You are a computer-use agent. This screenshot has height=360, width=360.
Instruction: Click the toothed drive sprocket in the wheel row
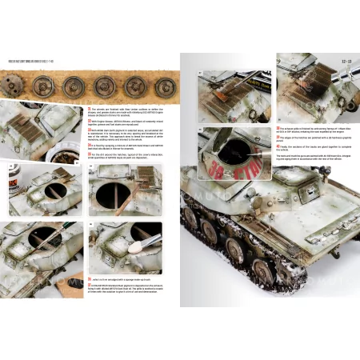tap(21, 84)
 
